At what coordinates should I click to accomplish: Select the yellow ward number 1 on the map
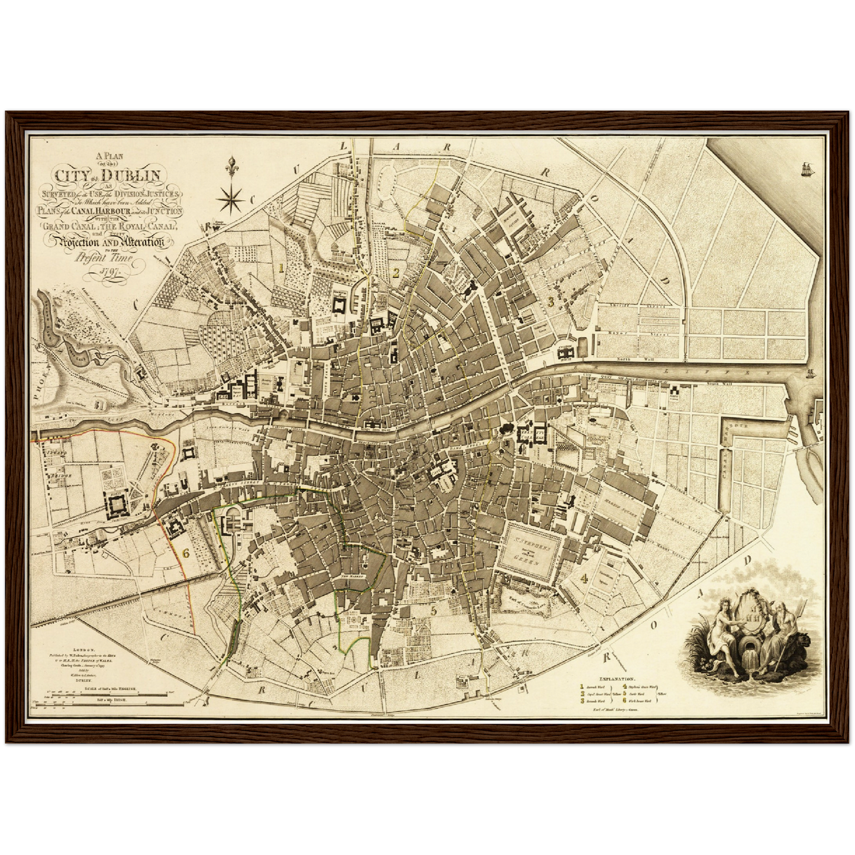282,267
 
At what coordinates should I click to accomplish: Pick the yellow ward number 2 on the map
396,273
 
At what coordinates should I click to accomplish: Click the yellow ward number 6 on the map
186,554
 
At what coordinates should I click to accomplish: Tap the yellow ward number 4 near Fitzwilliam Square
584,578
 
